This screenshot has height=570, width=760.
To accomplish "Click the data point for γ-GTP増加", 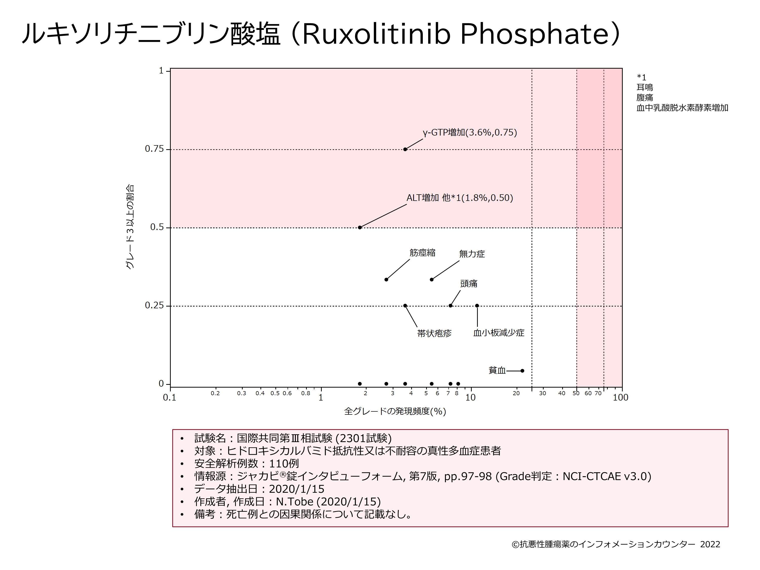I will point(405,149).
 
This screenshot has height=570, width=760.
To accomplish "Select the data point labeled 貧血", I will point(522,371).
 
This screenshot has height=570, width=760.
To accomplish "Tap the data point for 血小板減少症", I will point(477,306).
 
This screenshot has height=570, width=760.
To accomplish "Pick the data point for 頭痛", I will point(450,306).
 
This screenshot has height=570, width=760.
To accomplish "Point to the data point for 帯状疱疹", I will point(405,306).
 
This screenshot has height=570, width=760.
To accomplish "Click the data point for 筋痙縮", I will point(386,280).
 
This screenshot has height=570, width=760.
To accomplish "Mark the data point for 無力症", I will point(431,280).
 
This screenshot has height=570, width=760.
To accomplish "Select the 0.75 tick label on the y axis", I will point(154,149).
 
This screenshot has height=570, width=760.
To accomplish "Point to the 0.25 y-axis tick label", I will point(154,306).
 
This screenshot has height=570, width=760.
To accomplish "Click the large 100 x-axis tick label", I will point(620,397).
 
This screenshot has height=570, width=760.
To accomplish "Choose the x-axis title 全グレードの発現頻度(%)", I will point(395,411).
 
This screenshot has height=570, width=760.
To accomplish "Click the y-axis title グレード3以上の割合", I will point(130,227).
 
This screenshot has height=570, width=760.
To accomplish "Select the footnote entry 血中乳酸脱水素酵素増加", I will point(682,108).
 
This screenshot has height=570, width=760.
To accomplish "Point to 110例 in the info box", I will point(284,464).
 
